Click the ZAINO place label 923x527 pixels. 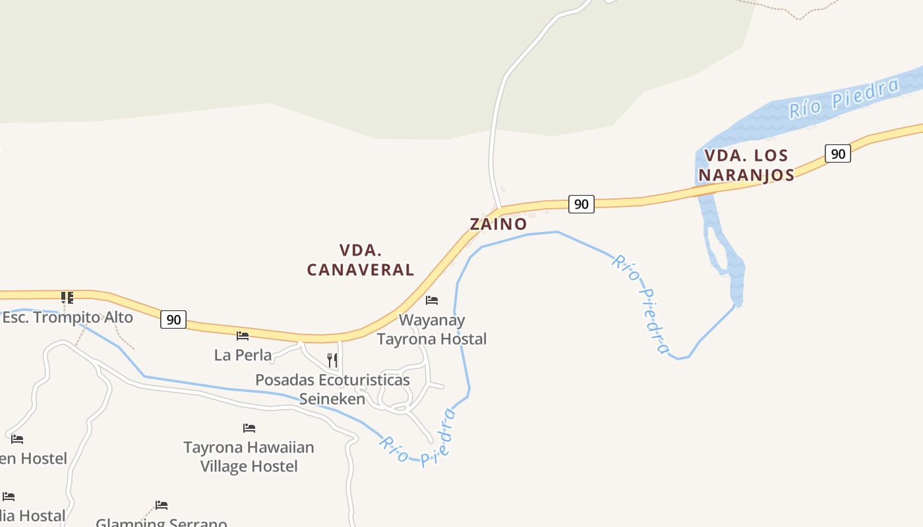point(498,224)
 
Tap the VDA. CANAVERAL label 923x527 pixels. point(360,260)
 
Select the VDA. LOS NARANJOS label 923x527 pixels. point(746,165)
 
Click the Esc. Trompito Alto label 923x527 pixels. point(67,318)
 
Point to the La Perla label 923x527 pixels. point(243,355)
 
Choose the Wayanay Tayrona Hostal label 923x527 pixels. point(432,329)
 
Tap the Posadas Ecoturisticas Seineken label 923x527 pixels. point(332,389)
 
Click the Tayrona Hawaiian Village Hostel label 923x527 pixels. point(249,457)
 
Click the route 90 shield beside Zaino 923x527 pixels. point(581,204)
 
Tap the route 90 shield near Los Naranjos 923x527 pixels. point(837,154)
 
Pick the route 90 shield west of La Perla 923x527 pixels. point(173,320)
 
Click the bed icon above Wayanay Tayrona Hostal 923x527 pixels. point(432,300)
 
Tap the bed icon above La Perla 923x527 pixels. point(243,336)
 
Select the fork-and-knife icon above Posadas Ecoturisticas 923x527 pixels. point(332,360)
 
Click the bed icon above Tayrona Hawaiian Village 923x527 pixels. point(249,428)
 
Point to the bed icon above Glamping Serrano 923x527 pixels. point(162,505)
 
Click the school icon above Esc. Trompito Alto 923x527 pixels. point(67,297)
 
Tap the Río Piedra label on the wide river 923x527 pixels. point(844,99)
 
